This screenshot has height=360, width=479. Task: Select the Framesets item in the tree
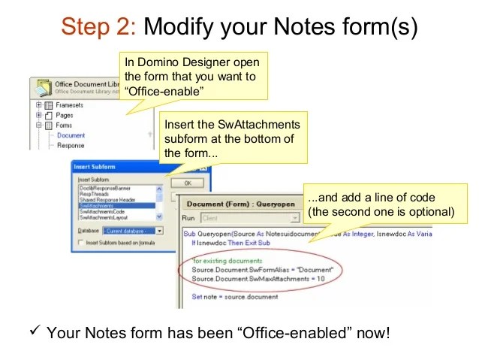tap(69, 106)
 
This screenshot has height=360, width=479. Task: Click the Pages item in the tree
tap(64, 116)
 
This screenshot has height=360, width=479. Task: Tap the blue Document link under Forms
tap(71, 135)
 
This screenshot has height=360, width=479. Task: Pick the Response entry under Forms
tap(71, 145)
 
